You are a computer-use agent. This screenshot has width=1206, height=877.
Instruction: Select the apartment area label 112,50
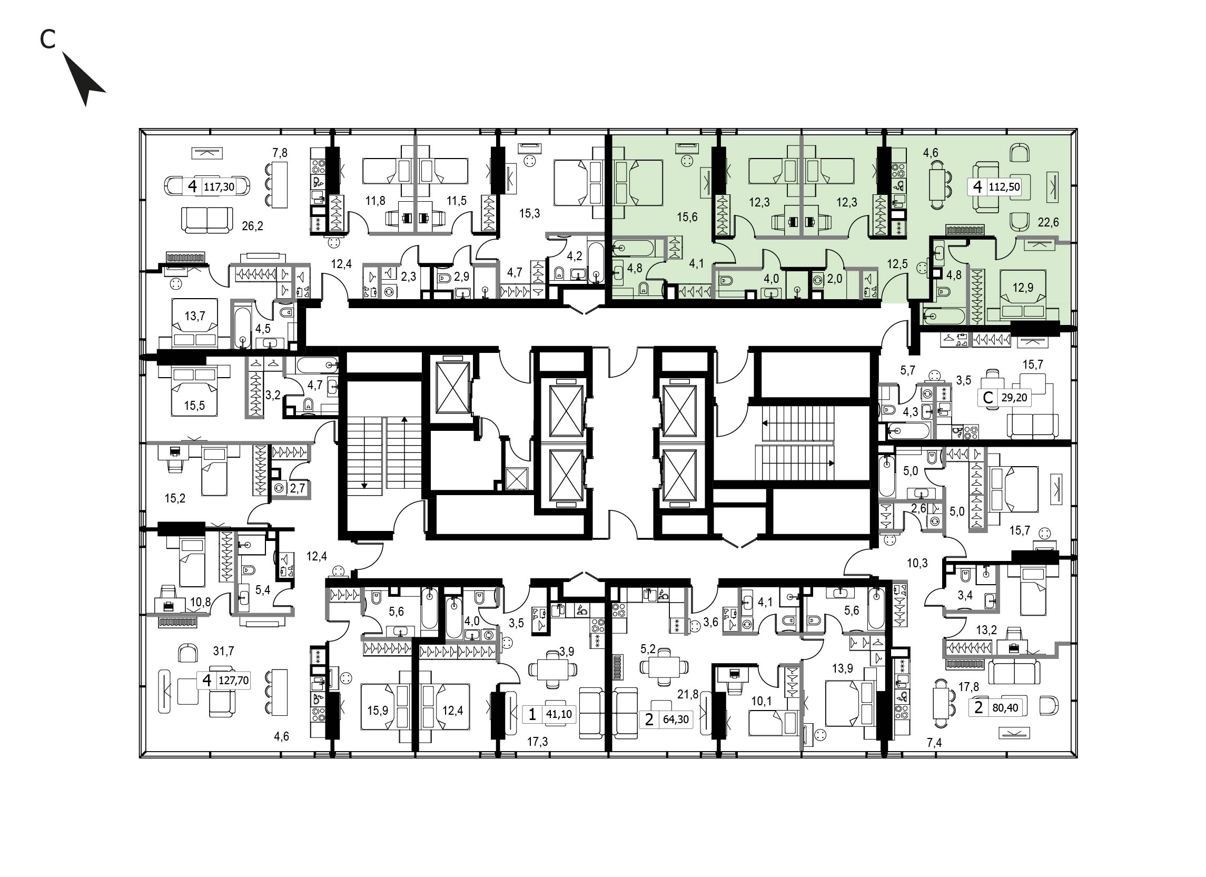(1004, 187)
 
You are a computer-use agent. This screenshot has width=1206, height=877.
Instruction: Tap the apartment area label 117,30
(219, 187)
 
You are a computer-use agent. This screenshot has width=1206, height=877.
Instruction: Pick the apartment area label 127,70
(233, 680)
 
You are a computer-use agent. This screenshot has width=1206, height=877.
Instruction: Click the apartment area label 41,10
(559, 714)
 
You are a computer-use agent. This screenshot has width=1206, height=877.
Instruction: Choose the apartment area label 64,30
(676, 720)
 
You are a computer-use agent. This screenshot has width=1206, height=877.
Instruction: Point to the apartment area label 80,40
(1005, 708)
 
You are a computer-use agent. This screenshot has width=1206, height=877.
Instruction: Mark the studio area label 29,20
(1014, 397)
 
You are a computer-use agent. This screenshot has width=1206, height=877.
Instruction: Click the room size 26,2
(253, 226)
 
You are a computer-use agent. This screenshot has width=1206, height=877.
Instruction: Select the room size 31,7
(223, 651)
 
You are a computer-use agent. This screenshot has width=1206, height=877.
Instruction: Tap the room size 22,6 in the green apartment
(1048, 222)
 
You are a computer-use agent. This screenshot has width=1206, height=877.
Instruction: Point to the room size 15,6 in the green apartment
(687, 217)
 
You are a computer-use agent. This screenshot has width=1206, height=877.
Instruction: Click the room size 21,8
(688, 694)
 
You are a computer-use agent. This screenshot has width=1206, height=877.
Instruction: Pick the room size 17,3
(538, 742)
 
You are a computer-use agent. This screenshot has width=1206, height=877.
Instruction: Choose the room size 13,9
(843, 668)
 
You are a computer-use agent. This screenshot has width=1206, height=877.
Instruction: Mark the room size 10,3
(917, 563)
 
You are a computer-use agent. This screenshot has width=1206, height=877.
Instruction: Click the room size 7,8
(280, 153)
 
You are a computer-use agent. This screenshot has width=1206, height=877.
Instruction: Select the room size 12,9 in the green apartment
(1023, 288)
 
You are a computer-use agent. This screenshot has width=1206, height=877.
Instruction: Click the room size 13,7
(195, 317)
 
